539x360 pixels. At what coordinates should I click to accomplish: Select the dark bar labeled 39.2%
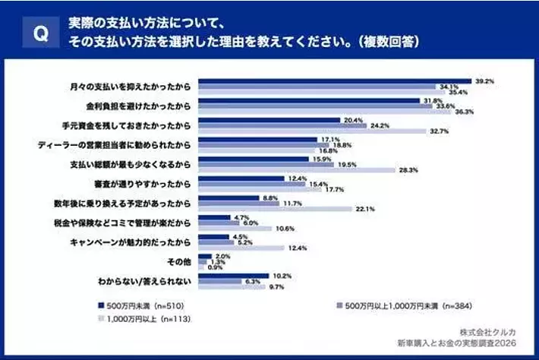pyautogui.click(x=334, y=80)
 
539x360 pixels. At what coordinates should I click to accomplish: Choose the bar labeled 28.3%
pyautogui.click(x=297, y=170)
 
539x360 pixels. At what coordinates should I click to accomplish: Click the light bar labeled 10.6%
pyautogui.click(x=235, y=229)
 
